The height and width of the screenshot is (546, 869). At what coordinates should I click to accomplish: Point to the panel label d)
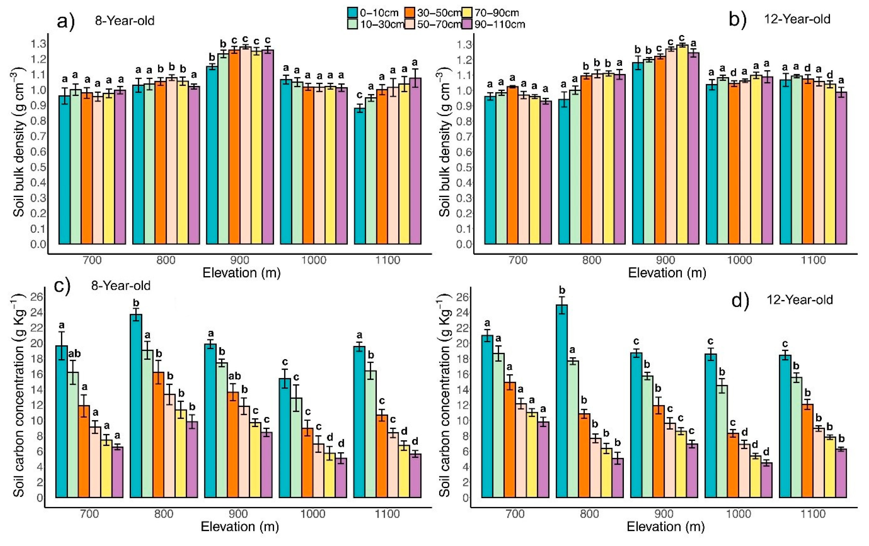(740, 300)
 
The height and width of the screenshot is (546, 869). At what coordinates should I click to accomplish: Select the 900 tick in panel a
(240, 260)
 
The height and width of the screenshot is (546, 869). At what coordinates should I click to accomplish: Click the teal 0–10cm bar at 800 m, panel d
(561, 400)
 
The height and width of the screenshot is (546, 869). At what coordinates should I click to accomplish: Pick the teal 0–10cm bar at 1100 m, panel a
(360, 177)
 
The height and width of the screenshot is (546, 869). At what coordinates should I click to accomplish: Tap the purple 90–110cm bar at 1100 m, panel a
(415, 162)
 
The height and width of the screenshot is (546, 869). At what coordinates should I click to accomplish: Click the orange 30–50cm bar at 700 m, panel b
(512, 166)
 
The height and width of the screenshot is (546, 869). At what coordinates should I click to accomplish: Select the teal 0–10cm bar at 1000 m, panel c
(285, 438)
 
